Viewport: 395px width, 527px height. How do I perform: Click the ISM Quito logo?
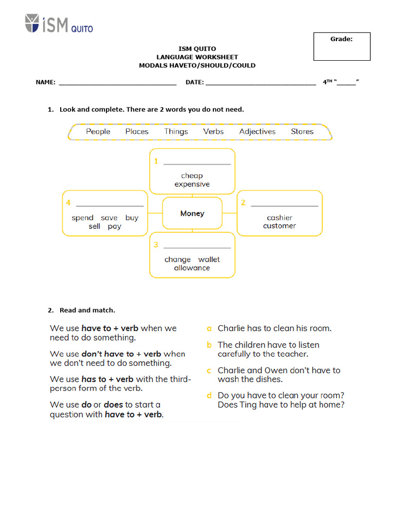[59, 24]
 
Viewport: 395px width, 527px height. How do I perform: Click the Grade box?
[342, 46]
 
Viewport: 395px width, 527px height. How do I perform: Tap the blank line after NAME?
[118, 82]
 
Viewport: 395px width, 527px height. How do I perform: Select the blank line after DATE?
[261, 82]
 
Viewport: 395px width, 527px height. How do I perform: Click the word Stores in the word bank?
[302, 132]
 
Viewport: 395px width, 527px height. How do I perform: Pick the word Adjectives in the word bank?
[257, 132]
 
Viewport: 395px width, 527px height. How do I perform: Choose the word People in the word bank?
[98, 132]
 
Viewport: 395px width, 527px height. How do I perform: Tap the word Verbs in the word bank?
[213, 132]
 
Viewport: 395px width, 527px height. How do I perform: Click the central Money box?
[192, 213]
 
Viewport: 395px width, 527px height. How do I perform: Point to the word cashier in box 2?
[279, 218]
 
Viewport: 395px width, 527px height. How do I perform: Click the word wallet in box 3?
[209, 259]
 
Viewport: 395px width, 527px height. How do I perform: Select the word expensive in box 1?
[192, 184]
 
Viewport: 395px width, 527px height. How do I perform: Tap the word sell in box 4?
[94, 226]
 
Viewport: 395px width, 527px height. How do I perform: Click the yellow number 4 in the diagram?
[68, 203]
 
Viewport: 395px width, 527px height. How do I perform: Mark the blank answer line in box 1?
[197, 164]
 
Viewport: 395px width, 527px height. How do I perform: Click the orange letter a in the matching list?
[209, 328]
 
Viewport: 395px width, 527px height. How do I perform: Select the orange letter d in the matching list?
[209, 396]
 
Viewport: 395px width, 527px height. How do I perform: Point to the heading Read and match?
[87, 310]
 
